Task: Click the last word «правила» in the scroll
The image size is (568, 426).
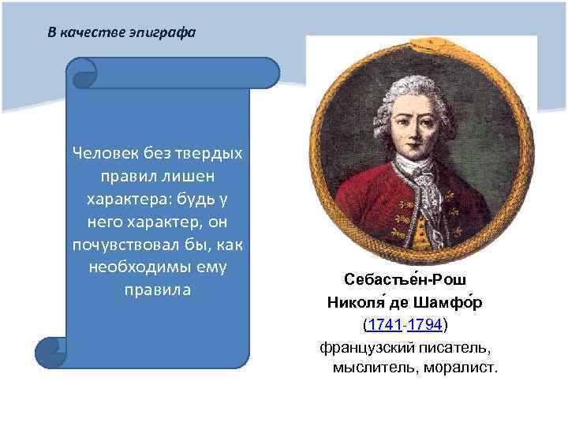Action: (158, 290)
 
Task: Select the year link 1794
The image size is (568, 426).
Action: (425, 325)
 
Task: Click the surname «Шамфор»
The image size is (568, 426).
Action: (452, 303)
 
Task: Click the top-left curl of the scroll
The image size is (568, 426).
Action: (83, 73)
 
